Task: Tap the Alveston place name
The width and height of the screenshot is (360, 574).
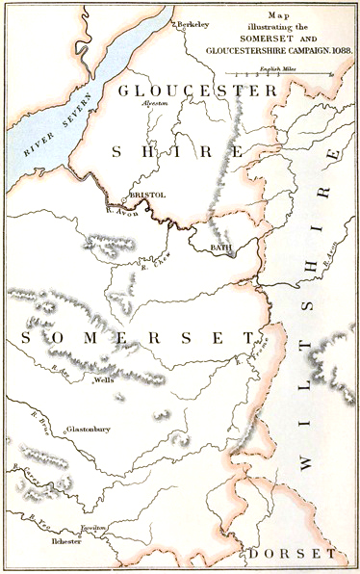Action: click(154, 102)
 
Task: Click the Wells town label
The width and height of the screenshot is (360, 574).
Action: click(104, 381)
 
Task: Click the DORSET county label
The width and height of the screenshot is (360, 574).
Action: click(290, 554)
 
